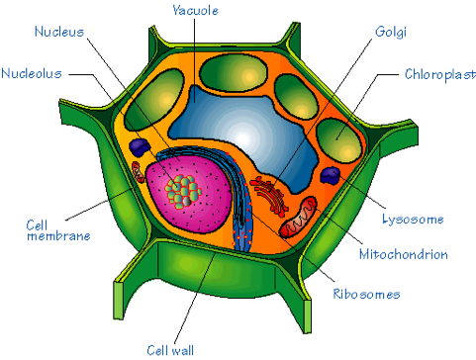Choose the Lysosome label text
412,219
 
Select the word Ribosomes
365,294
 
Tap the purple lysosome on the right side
331,176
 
